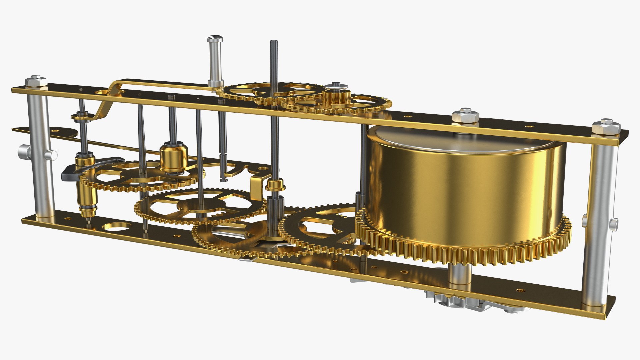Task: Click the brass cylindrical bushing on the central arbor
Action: click(174, 156)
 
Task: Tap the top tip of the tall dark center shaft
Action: click(273, 42)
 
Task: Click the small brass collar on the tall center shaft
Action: click(275, 184)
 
